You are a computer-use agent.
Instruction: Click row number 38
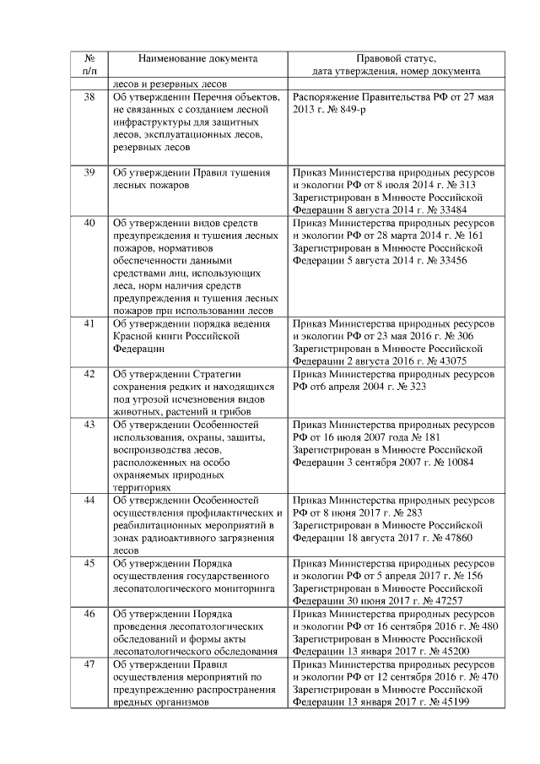89,97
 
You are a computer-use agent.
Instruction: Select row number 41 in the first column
89,323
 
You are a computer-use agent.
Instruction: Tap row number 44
89,501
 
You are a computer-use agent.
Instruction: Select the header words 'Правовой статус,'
396,59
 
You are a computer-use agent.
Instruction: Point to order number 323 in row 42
400,387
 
